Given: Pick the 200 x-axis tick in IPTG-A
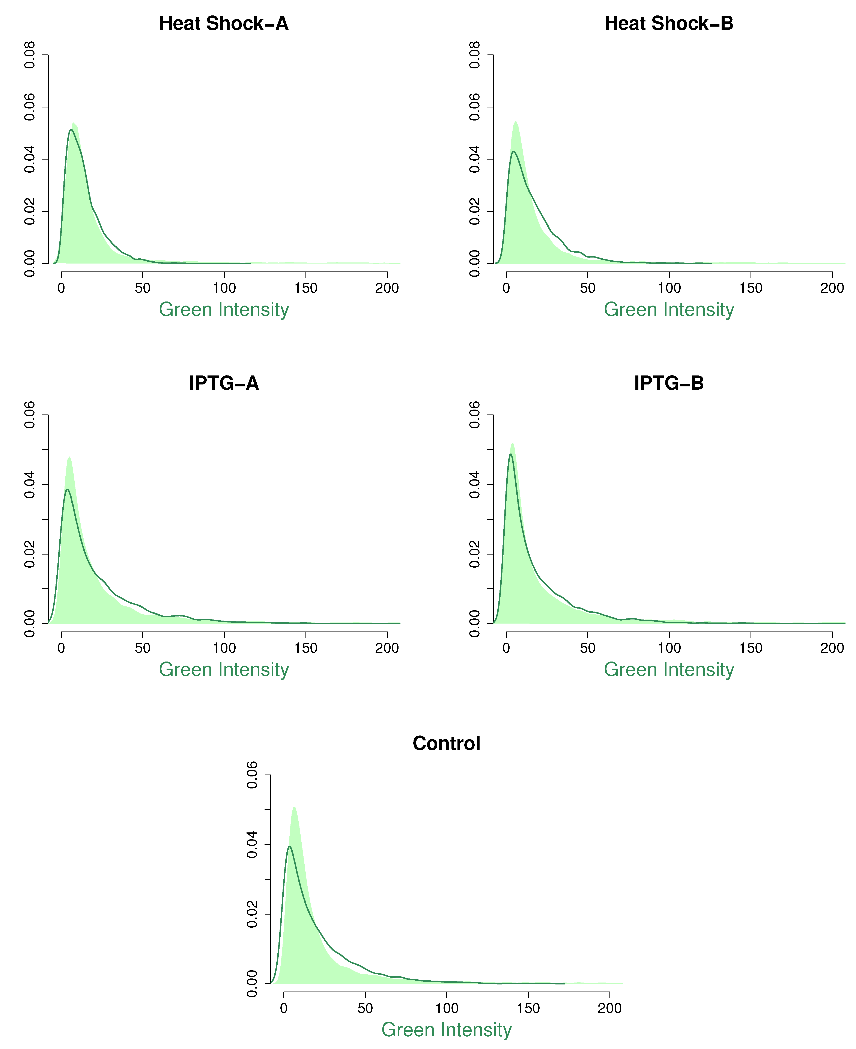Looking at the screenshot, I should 387,648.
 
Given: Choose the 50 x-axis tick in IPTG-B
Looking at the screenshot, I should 588,648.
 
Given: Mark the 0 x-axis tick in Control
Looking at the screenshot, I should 284,1008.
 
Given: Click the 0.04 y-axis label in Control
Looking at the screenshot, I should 253,844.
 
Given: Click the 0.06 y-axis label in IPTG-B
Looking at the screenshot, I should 475,415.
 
